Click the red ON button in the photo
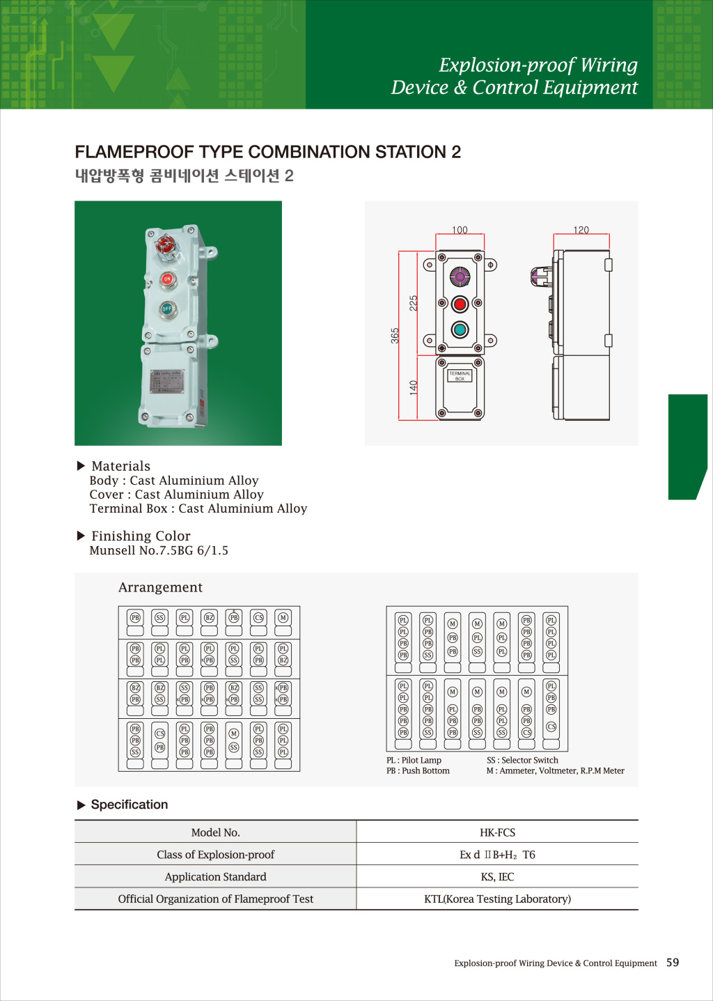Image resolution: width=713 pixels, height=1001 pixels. [167, 279]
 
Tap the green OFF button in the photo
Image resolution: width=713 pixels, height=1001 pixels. [167, 308]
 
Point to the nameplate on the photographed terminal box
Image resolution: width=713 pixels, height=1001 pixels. [167, 382]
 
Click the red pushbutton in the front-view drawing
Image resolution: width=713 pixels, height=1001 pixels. [460, 304]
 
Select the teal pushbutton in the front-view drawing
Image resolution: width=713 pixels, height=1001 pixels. [460, 329]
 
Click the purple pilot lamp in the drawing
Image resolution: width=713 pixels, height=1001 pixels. [460, 277]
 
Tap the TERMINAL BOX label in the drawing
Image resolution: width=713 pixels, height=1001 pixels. [460, 376]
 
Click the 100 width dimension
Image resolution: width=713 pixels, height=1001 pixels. [460, 230]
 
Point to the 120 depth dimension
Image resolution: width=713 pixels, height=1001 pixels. [581, 230]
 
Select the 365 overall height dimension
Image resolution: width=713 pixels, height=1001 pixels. [395, 335]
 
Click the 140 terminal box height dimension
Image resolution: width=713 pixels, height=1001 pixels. [414, 387]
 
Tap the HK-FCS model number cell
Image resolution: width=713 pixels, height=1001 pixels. [497, 832]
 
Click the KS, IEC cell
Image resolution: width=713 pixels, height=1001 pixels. [497, 877]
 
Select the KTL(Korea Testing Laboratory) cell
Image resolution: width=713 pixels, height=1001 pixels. [497, 899]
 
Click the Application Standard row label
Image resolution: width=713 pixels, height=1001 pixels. [215, 877]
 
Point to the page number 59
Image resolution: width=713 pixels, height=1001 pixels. [673, 963]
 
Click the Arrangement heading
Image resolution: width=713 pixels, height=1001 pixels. [160, 587]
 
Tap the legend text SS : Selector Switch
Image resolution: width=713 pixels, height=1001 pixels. [522, 760]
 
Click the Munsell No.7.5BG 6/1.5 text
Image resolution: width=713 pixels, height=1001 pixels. [159, 550]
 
